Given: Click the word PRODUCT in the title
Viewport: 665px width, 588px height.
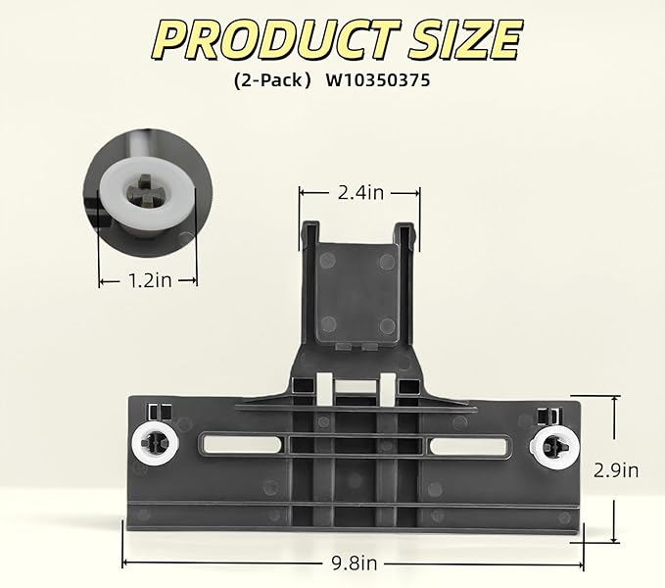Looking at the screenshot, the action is pyautogui.click(x=275, y=40).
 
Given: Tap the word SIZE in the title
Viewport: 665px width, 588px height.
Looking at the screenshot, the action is pyautogui.click(x=464, y=40).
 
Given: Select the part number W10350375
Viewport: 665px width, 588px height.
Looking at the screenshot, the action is pyautogui.click(x=378, y=80).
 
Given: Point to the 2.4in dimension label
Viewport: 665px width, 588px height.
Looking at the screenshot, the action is pyautogui.click(x=360, y=193).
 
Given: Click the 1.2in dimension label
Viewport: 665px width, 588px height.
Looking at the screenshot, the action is pyautogui.click(x=150, y=280).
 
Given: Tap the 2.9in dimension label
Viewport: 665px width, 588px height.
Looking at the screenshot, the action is pyautogui.click(x=616, y=470).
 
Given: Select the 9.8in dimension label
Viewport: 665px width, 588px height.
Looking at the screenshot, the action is pyautogui.click(x=355, y=563).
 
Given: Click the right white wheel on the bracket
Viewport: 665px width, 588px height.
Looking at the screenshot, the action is pyautogui.click(x=554, y=446).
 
